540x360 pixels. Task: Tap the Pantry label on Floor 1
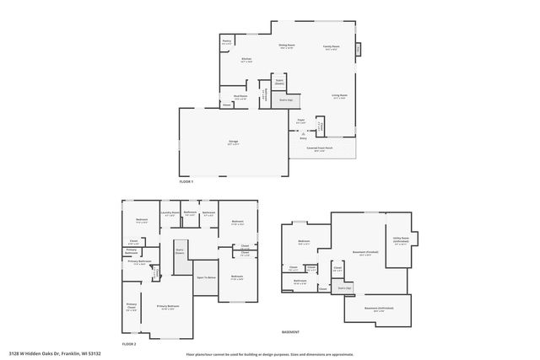227,40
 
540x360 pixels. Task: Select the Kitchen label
246,58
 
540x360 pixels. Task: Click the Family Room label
330,46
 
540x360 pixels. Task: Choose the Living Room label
339,96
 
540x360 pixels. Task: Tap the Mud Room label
240,97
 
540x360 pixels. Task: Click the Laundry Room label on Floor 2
170,212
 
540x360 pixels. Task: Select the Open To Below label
206,277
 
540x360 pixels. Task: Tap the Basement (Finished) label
364,254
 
